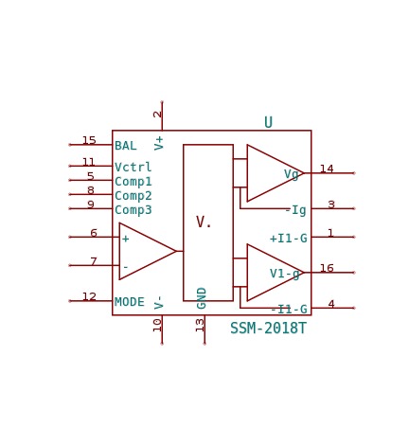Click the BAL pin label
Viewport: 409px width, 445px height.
tap(126, 146)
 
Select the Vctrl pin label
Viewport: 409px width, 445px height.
tap(133, 167)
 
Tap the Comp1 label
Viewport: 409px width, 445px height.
tap(133, 182)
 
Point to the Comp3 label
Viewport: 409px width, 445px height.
tap(133, 210)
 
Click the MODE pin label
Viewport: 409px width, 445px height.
tap(130, 302)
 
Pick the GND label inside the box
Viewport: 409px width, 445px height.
tap(202, 298)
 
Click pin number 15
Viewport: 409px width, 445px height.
tap(89, 140)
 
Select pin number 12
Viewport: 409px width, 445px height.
tap(89, 296)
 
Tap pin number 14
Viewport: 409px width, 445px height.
tap(327, 169)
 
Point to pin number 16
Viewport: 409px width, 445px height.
tap(327, 268)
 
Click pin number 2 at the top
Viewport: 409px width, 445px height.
tap(157, 115)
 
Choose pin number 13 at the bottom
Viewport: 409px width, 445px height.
tap(200, 325)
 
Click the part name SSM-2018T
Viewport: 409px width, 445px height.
tap(268, 329)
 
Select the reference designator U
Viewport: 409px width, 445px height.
tap(268, 122)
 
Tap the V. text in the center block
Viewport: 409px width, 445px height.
tap(204, 222)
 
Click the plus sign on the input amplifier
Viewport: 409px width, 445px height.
tap(126, 239)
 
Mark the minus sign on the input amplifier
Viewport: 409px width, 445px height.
tap(126, 267)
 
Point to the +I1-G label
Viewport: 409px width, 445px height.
tap(289, 239)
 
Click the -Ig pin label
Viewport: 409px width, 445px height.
tap(295, 210)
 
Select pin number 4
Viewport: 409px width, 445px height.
tap(331, 304)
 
